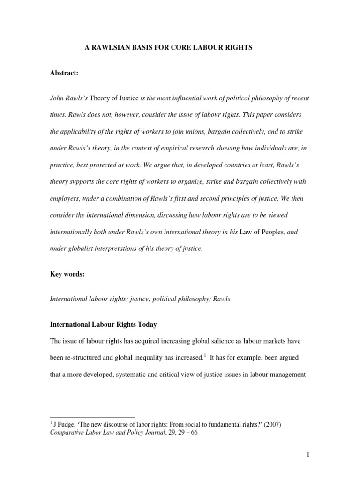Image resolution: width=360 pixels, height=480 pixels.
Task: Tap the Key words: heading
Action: (x=67, y=274)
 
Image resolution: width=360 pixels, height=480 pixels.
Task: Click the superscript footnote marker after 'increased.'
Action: (x=204, y=355)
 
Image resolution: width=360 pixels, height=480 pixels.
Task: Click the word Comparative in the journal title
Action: (x=67, y=433)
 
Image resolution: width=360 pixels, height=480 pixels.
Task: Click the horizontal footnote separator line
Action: (x=92, y=417)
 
